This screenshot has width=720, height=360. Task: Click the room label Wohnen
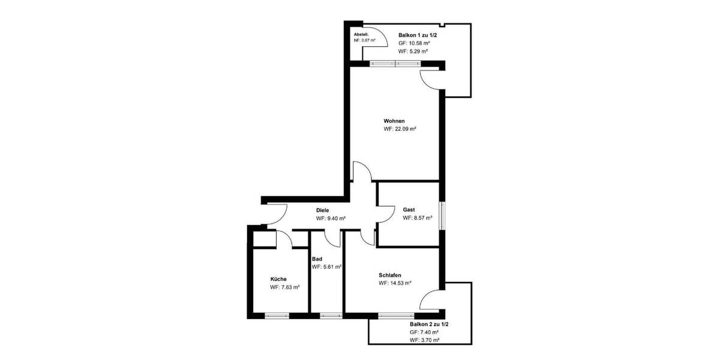click(x=394, y=121)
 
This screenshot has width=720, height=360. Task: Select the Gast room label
click(x=409, y=209)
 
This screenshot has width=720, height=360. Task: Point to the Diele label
click(x=323, y=210)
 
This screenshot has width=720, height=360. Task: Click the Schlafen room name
click(x=390, y=275)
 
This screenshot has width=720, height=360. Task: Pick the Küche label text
click(x=278, y=279)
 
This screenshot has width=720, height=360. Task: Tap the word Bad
click(x=317, y=259)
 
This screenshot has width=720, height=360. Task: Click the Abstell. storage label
click(x=361, y=35)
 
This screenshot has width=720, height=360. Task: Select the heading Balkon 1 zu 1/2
click(x=418, y=35)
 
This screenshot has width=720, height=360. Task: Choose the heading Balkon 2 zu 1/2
click(x=429, y=324)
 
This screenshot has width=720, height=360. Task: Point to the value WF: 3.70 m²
click(x=425, y=340)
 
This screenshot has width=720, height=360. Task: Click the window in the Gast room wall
click(x=442, y=215)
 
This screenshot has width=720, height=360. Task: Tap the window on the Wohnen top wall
click(x=394, y=64)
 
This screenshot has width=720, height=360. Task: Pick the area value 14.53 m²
click(x=394, y=283)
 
